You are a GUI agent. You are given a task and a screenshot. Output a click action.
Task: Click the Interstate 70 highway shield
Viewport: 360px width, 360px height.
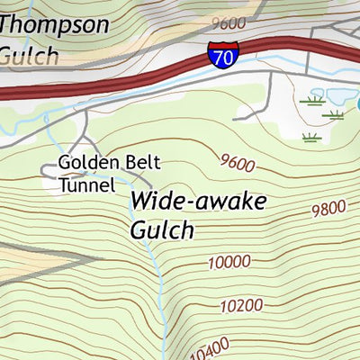[220, 56]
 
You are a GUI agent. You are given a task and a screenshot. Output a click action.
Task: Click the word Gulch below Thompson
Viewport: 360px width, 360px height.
[29, 55]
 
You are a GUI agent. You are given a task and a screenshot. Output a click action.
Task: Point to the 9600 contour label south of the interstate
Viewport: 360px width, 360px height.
[237, 164]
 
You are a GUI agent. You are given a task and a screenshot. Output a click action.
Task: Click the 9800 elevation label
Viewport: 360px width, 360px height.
[328, 209]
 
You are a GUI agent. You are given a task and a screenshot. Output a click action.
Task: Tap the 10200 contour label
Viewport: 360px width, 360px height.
[239, 306]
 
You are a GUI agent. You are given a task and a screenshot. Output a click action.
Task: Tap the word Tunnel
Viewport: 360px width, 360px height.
[87, 186]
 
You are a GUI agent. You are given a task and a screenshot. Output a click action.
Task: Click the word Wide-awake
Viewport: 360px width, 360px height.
[198, 201]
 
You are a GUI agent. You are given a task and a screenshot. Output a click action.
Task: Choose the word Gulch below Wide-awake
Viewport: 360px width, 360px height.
[162, 230]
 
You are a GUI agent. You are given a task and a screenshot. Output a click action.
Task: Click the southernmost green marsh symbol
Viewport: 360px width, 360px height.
[311, 138]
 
